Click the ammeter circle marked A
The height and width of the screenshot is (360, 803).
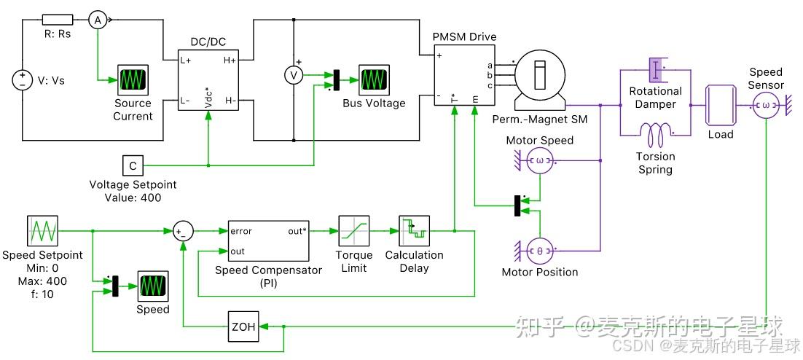tap(97, 20)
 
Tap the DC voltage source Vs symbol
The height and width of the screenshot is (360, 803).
tap(22, 80)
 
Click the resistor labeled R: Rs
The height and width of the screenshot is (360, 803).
tap(57, 20)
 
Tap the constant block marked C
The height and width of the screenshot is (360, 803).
tap(133, 166)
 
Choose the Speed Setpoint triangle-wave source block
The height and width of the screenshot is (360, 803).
tap(42, 231)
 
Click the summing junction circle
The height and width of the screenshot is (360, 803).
tap(182, 231)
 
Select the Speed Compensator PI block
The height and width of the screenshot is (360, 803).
tap(268, 240)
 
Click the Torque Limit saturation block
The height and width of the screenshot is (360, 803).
tap(353, 231)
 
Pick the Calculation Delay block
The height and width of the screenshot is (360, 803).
tap(414, 231)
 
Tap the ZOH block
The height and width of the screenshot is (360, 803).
tap(243, 327)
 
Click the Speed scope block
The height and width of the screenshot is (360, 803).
tap(153, 286)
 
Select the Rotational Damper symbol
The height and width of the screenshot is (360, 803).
tap(656, 71)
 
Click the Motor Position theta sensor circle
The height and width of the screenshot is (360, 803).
tap(540, 250)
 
